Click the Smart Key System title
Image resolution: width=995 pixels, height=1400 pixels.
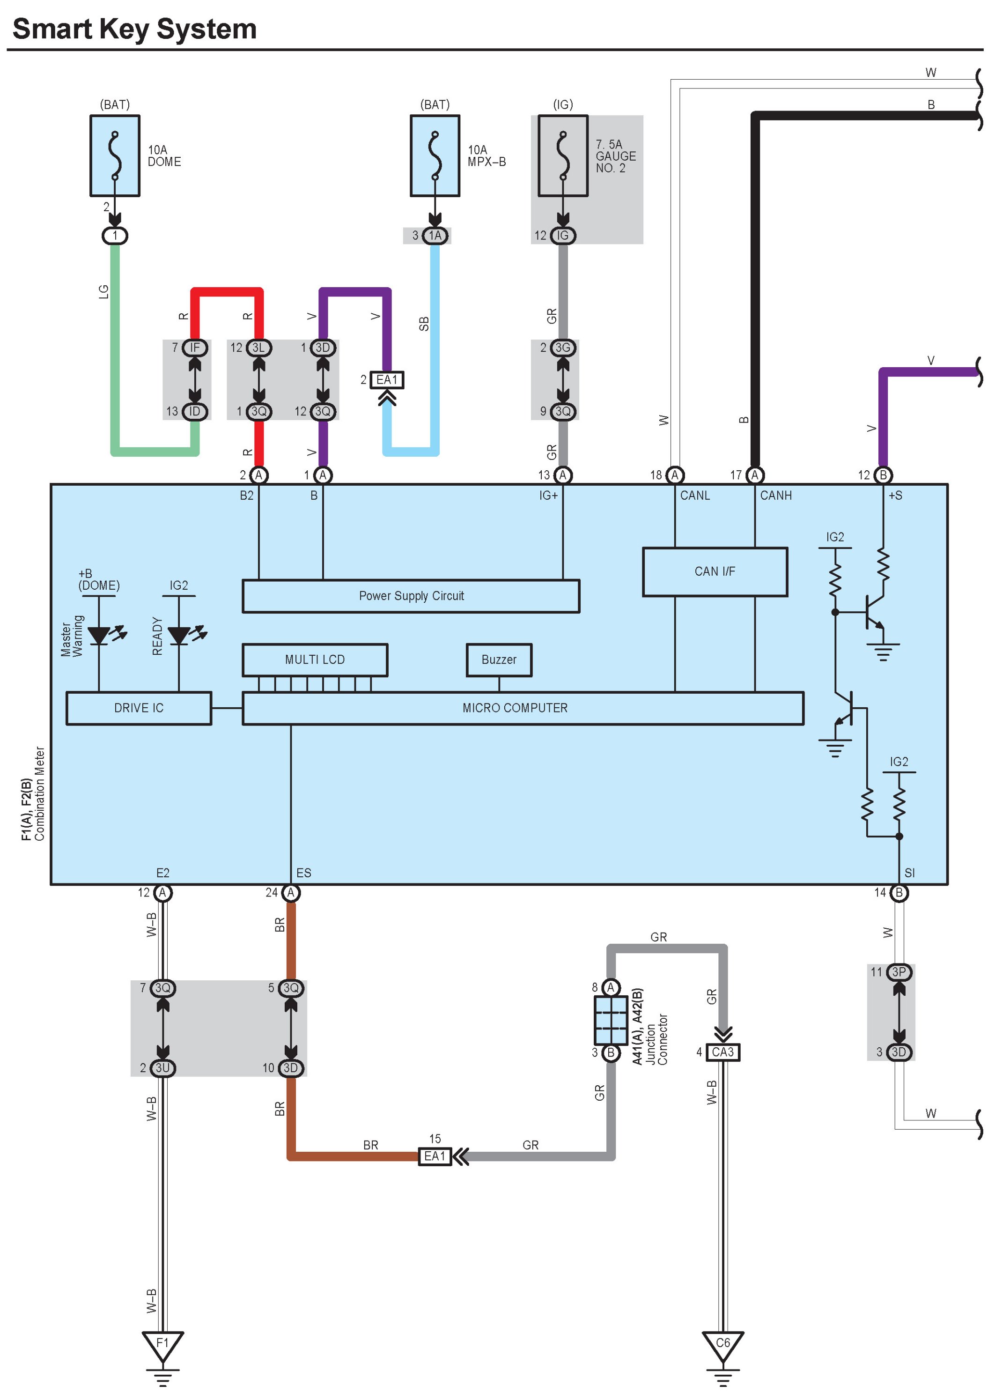coord(134,29)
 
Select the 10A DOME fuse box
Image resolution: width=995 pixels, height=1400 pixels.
coord(115,156)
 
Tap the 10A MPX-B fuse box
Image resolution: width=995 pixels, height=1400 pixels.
coord(435,156)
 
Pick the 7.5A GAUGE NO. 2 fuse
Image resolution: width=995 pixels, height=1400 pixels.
coord(562,156)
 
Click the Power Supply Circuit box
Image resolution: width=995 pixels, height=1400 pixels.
coord(411,595)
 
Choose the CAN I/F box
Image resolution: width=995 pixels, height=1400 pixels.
coord(715,571)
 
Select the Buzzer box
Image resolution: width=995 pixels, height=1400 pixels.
coord(499,659)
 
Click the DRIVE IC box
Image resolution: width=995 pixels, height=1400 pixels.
coord(139,708)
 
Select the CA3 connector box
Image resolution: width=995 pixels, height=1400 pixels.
coord(723,1052)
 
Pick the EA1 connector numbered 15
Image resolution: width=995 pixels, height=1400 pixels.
coord(435,1156)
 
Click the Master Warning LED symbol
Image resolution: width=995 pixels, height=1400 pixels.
coord(99,635)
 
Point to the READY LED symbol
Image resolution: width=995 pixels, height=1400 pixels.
coord(179,635)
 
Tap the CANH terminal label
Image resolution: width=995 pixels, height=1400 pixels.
coord(776,495)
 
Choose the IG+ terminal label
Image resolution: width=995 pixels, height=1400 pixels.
coord(548,495)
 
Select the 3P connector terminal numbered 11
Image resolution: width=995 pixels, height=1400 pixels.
coord(899,972)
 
